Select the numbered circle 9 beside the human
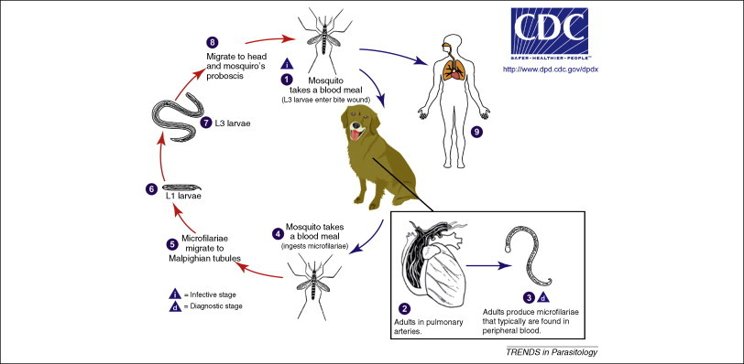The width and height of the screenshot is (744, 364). coord(476,132)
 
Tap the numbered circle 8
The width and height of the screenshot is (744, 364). coord(212,42)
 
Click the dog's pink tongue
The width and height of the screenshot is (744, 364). coord(355,136)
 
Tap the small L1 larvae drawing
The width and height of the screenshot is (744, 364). coord(181,187)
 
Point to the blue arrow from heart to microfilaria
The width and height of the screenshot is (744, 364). coord(488,265)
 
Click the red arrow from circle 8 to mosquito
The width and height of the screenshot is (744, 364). coord(269,39)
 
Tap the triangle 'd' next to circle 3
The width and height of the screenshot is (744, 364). coord(543,298)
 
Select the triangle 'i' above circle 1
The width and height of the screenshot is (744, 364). coord(287,63)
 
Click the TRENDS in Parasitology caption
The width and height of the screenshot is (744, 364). coord(551,352)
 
